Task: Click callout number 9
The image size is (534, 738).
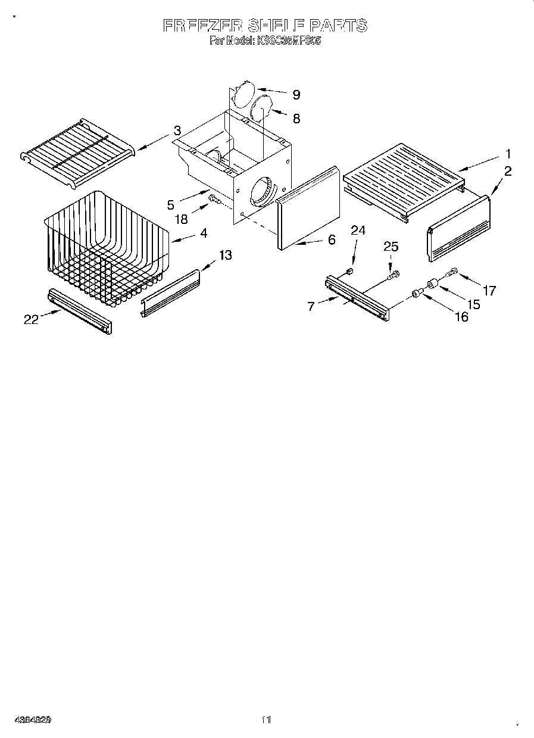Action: pyautogui.click(x=296, y=95)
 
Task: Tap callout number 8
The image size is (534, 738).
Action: pyautogui.click(x=296, y=118)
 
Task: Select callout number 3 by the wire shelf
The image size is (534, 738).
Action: pyautogui.click(x=177, y=130)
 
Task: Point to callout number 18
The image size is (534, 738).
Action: pyautogui.click(x=181, y=219)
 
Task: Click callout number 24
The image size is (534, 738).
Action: pyautogui.click(x=358, y=231)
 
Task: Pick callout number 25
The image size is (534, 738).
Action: pyautogui.click(x=391, y=246)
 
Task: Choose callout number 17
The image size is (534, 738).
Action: pyautogui.click(x=489, y=291)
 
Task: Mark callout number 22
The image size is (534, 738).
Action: pyautogui.click(x=31, y=320)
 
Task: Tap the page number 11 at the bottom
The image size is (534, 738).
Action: pyautogui.click(x=266, y=720)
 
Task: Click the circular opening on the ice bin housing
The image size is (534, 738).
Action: pyautogui.click(x=262, y=191)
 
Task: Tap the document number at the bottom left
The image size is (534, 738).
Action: pyautogui.click(x=32, y=720)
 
